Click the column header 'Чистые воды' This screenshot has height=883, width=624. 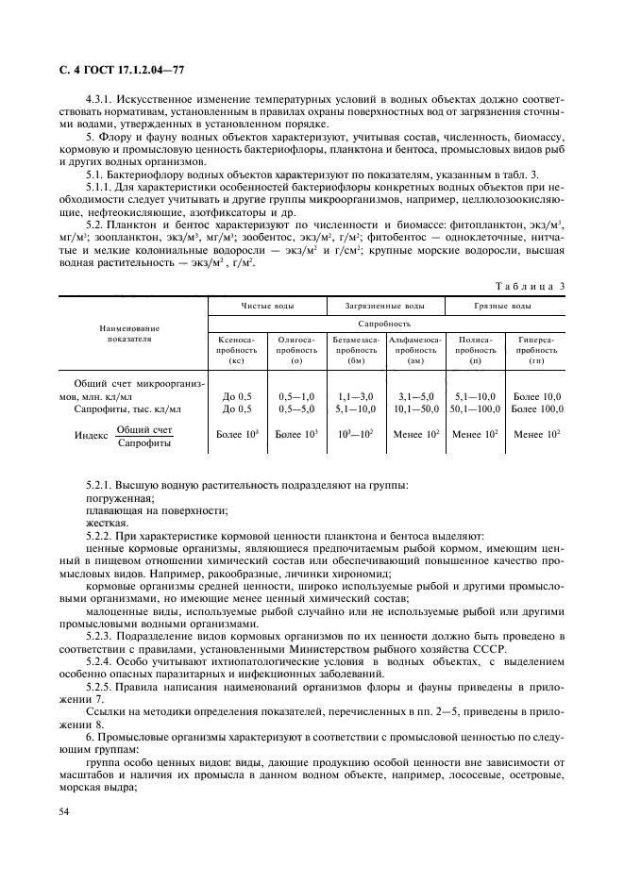tap(267, 307)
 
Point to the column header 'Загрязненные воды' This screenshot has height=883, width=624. tap(387, 307)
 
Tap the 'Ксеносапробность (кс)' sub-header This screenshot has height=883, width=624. tap(236, 349)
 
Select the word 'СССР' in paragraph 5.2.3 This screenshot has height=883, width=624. tap(490, 649)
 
